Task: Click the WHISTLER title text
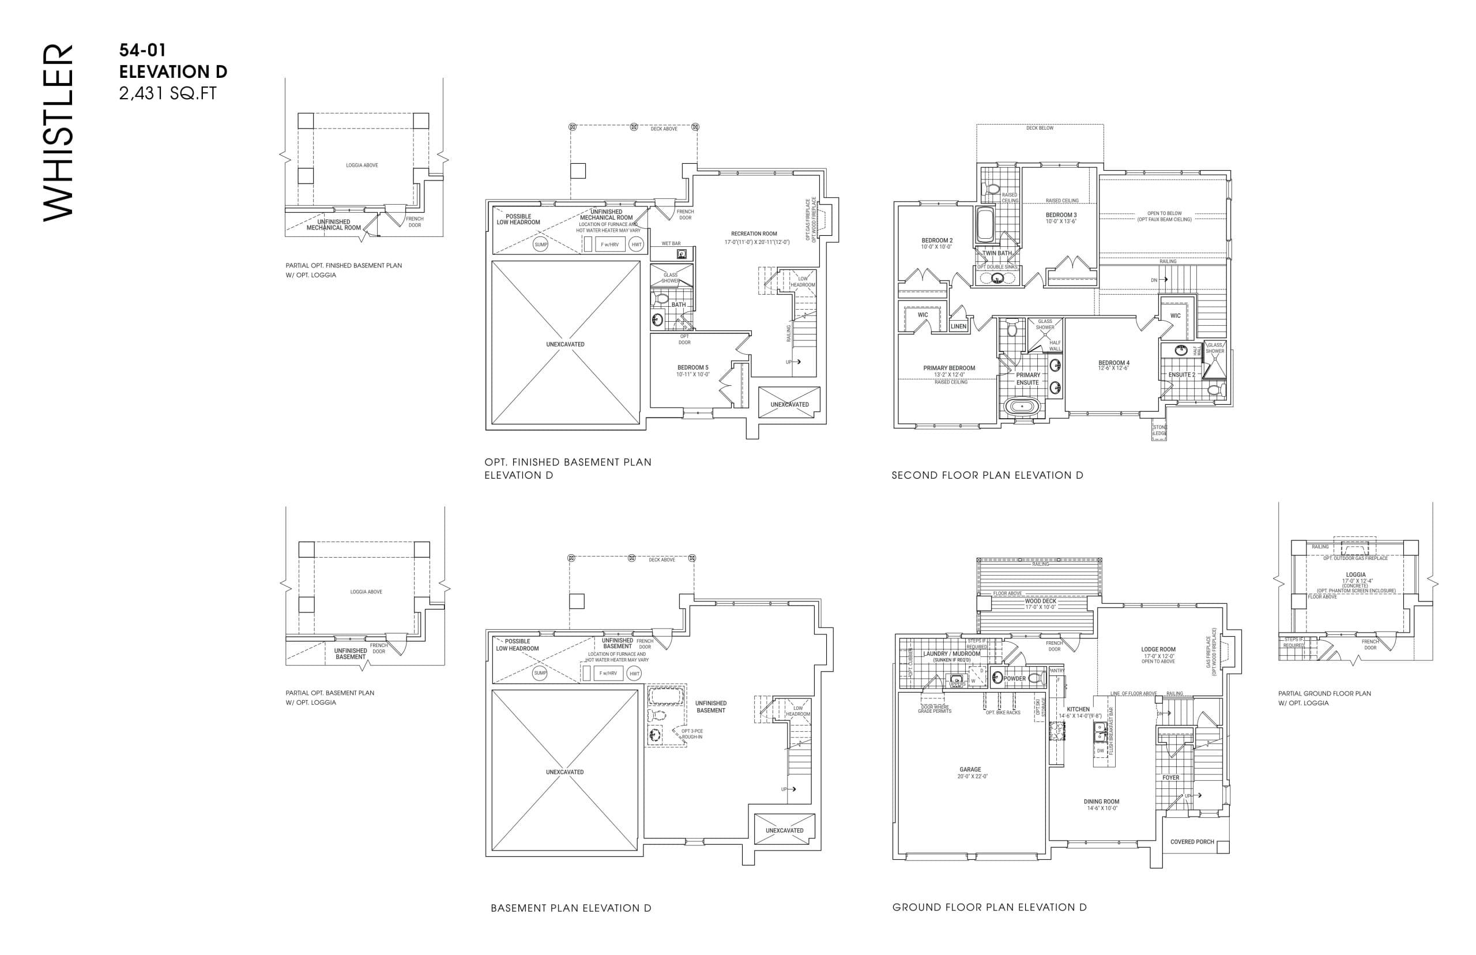click(x=58, y=131)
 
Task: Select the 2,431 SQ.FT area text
click(x=168, y=93)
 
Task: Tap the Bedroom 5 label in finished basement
click(x=692, y=368)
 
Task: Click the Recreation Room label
click(x=753, y=234)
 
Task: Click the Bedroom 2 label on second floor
click(x=936, y=240)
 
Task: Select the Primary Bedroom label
click(x=948, y=369)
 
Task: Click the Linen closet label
click(x=958, y=326)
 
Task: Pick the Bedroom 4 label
click(x=1113, y=363)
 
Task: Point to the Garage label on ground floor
click(x=970, y=769)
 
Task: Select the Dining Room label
click(x=1101, y=802)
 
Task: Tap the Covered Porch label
click(x=1191, y=842)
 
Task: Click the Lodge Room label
click(x=1157, y=650)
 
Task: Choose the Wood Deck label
click(x=1040, y=601)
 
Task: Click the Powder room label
click(x=1014, y=678)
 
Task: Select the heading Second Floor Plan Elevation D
click(x=987, y=476)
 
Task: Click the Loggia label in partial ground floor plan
click(x=1355, y=575)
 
